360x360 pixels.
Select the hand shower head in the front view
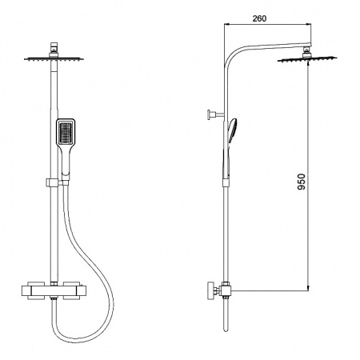coord(67,132)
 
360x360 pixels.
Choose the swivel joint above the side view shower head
coord(306,53)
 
